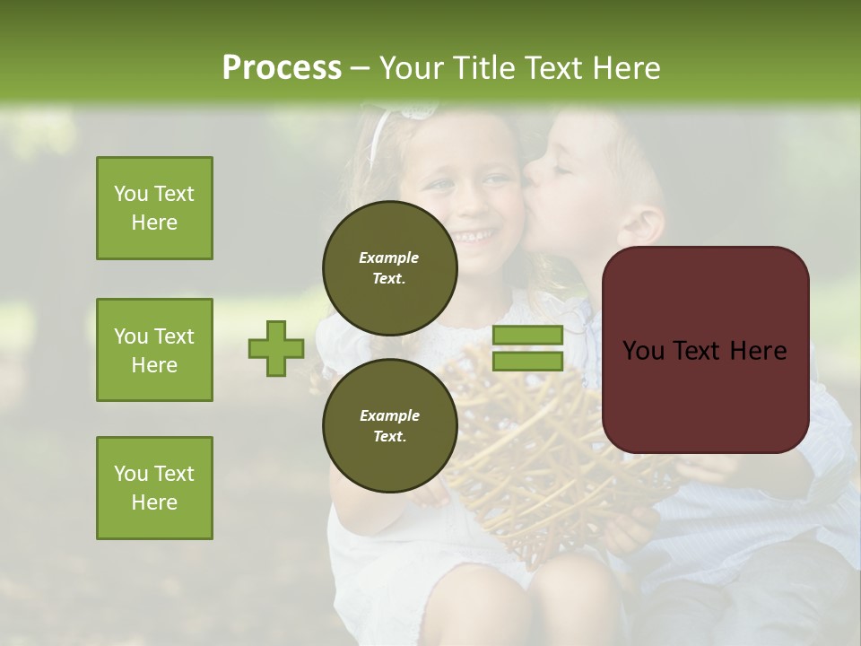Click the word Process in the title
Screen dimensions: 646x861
point(282,67)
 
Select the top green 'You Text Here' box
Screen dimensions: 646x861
point(154,208)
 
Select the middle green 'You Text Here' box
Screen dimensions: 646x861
point(154,350)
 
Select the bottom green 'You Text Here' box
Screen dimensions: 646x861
point(154,488)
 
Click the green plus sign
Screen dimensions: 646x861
point(276,348)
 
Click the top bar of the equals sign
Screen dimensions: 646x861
point(527,336)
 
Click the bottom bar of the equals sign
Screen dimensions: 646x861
point(527,362)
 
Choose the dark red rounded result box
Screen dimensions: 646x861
point(705,350)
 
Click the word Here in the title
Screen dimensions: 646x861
point(624,67)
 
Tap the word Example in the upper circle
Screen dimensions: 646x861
point(389,258)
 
